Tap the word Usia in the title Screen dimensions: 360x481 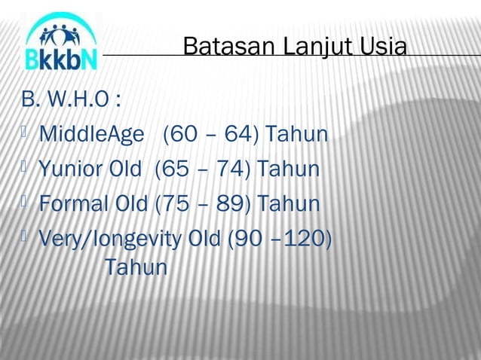tap(383, 47)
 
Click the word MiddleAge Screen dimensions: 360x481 tap(90, 135)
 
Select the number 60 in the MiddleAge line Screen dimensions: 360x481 tap(185, 135)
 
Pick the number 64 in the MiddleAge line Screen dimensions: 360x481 tap(238, 135)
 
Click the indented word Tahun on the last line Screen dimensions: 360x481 tap(136, 267)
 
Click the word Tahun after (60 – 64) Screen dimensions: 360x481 tap(294, 135)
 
